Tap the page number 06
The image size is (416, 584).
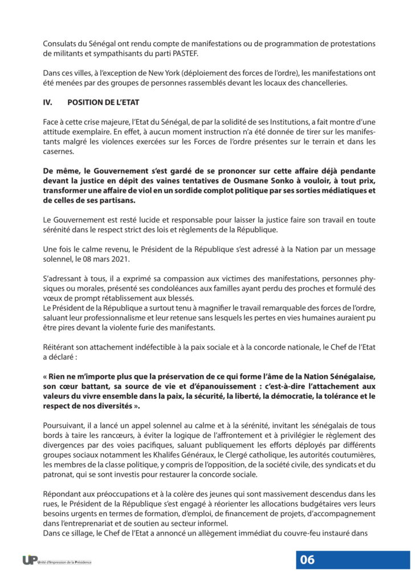coord(307,559)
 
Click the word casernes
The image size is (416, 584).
coord(58,151)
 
